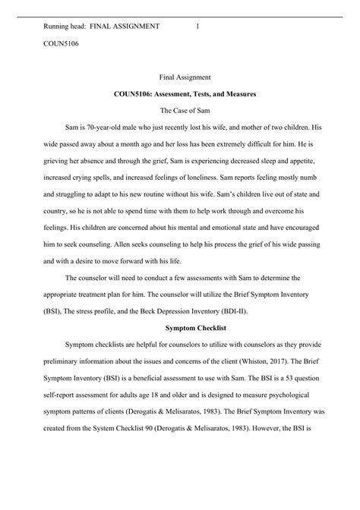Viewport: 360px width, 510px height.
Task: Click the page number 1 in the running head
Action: (x=197, y=27)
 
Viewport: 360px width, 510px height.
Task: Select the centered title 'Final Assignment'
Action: (x=190, y=77)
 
